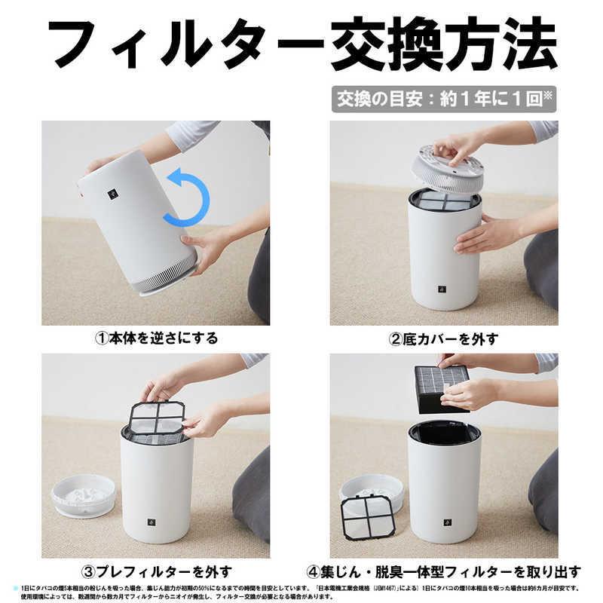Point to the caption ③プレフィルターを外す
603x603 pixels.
click(155, 571)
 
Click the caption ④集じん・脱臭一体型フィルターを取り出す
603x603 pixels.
click(443, 571)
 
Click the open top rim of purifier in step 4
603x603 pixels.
click(444, 432)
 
